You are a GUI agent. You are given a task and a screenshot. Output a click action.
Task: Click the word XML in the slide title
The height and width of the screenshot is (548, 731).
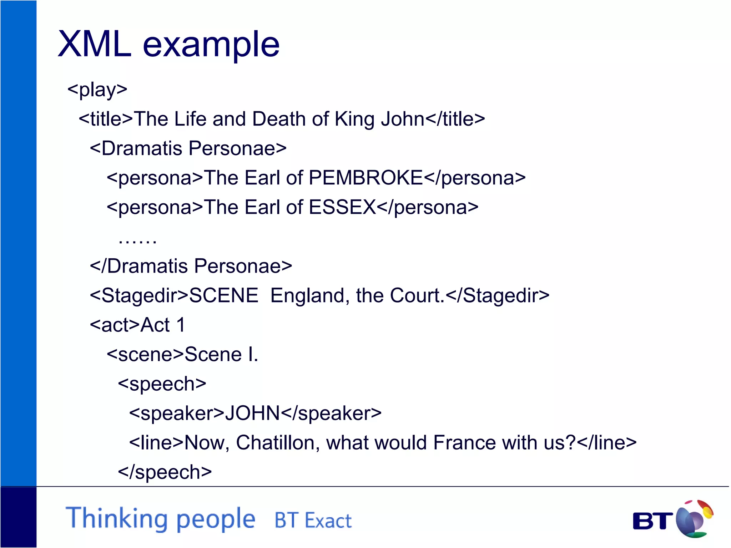95,44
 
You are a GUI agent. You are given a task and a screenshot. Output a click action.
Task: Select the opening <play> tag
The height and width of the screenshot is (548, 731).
97,90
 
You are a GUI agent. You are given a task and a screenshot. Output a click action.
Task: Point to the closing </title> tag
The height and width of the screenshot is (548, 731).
455,119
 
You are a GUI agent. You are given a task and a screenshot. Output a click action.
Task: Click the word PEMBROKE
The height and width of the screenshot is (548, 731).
365,178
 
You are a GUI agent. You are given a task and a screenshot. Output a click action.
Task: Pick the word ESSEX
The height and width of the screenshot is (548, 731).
342,207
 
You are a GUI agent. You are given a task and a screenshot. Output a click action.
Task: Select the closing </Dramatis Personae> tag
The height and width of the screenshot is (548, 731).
191,266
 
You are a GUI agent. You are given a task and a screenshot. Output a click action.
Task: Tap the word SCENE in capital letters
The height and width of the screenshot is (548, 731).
223,295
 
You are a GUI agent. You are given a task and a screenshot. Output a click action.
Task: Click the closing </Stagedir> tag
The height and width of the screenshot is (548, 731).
498,295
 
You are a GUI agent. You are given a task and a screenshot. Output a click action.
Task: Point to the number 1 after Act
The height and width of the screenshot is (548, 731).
181,325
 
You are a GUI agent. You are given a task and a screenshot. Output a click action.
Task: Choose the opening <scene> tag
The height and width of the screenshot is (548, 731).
145,355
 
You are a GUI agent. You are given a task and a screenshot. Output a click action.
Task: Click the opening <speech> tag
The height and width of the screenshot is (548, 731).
162,384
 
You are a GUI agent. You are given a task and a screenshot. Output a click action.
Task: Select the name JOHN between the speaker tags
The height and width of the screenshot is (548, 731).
252,413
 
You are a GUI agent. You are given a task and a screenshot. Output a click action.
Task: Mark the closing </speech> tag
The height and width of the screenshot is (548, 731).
165,472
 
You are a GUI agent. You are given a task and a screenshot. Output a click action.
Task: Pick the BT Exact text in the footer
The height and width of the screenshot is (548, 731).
313,520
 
